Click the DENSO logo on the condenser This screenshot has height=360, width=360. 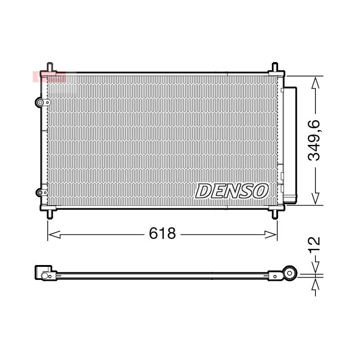point(232,191)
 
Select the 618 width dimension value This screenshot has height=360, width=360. point(162,233)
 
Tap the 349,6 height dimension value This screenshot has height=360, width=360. point(314,140)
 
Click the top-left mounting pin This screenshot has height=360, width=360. point(49,67)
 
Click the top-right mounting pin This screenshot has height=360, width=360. point(275,67)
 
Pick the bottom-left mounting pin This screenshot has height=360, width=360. point(49,215)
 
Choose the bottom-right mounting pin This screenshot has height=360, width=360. point(275,215)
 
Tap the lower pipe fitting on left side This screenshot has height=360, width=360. point(40,193)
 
